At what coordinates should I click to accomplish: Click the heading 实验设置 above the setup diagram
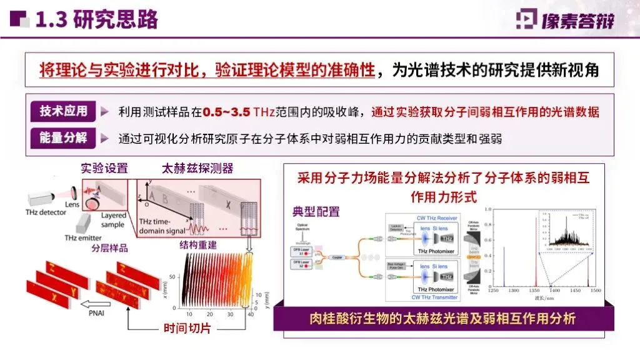[104, 168]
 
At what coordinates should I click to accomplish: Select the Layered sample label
[113, 219]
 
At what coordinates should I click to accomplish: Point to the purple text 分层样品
[109, 248]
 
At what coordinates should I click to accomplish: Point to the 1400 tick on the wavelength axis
[552, 291]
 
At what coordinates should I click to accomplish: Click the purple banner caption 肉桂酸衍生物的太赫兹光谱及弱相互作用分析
[442, 319]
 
